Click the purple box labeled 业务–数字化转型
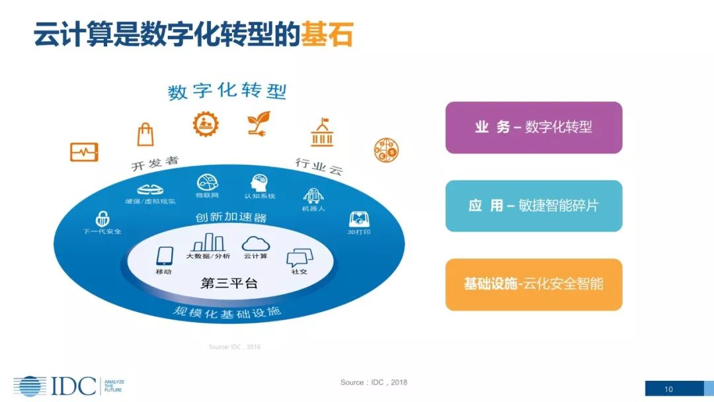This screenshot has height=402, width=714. [x=534, y=128]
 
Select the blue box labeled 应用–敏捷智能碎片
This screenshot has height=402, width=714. [x=534, y=206]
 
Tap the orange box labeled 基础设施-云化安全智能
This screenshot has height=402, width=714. [x=534, y=284]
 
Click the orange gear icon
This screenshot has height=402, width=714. [x=206, y=124]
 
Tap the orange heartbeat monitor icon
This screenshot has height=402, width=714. [x=84, y=152]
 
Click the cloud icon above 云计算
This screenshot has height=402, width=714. [x=255, y=243]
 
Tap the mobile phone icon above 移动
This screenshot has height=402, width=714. [x=164, y=256]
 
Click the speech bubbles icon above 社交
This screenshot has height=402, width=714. [x=299, y=258]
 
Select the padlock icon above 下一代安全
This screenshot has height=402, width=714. [x=102, y=218]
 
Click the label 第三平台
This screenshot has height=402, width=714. [x=229, y=284]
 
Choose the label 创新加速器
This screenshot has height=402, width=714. [x=231, y=218]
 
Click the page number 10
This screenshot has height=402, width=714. [x=668, y=389]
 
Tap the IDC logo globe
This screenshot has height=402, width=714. [x=30, y=386]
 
